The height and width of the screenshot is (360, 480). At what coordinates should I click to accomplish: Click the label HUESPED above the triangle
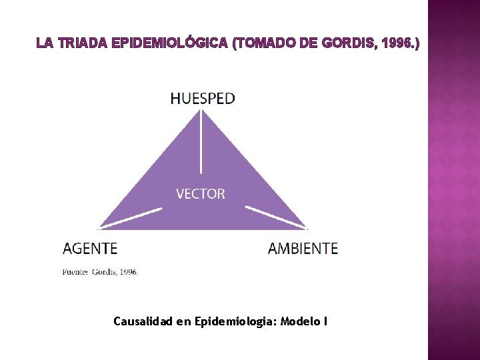pos(203,99)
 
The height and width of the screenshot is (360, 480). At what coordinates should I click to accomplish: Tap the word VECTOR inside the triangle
pos(201,194)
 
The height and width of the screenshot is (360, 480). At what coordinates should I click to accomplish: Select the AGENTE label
pos(90,249)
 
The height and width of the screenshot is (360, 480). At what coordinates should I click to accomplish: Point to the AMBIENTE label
pos(303,249)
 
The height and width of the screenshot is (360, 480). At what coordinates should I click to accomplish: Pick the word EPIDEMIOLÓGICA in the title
pos(171,44)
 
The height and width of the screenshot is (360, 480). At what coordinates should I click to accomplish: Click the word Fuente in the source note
pos(75,272)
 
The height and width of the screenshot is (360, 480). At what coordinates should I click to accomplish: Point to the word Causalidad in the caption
pos(143,322)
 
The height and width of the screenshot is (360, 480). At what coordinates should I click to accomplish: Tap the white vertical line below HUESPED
pos(201,143)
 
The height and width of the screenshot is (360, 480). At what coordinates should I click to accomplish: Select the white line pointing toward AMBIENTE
pos(275,217)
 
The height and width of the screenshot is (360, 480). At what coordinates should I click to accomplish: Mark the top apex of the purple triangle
pos(201,111)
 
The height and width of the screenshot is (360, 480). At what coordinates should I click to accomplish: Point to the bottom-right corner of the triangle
pos(305,228)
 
